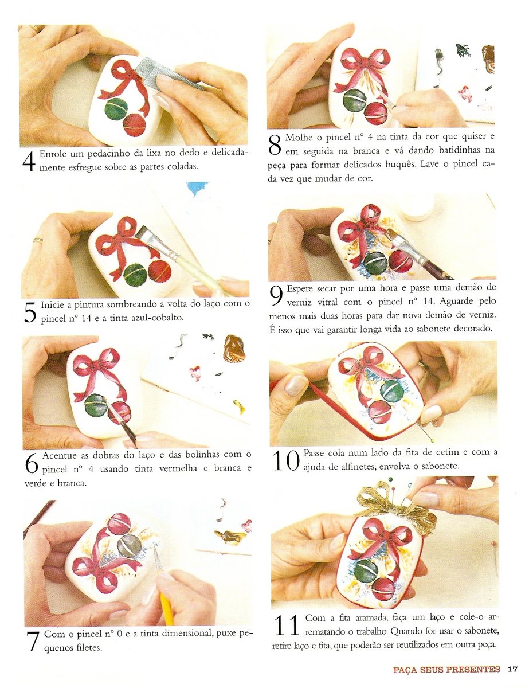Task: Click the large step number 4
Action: pos(29,161)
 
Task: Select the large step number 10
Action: pos(285,460)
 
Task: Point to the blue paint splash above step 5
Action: pos(196,189)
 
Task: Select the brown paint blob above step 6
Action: pos(234,348)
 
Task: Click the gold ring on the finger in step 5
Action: pos(37,240)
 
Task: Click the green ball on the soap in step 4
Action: pos(116,109)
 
